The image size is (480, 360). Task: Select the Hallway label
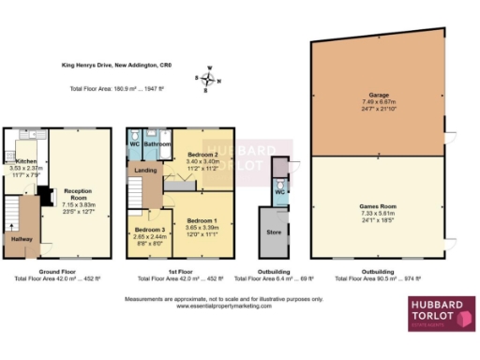[x=20, y=239]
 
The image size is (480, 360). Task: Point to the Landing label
[x=145, y=171]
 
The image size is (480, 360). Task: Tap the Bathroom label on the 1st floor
[x=157, y=144]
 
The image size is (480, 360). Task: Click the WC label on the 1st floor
[x=134, y=144]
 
